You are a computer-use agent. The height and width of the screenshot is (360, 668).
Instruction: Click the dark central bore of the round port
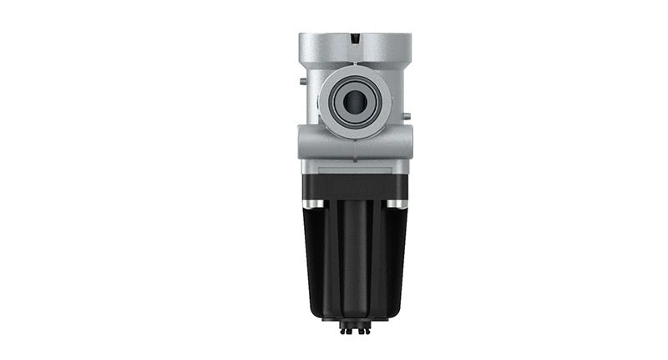coord(355,102)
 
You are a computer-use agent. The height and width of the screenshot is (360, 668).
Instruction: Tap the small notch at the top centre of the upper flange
coord(355,38)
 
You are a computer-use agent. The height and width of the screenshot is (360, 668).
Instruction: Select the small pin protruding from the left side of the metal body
coord(300,82)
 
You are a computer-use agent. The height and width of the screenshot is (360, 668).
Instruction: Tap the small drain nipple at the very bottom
coord(354,328)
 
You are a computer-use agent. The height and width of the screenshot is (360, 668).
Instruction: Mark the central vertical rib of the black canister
coord(354,259)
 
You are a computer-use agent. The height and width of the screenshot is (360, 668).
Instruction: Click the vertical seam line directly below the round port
coord(355,149)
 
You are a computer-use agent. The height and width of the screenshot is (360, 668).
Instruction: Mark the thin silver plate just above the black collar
coord(354,169)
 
